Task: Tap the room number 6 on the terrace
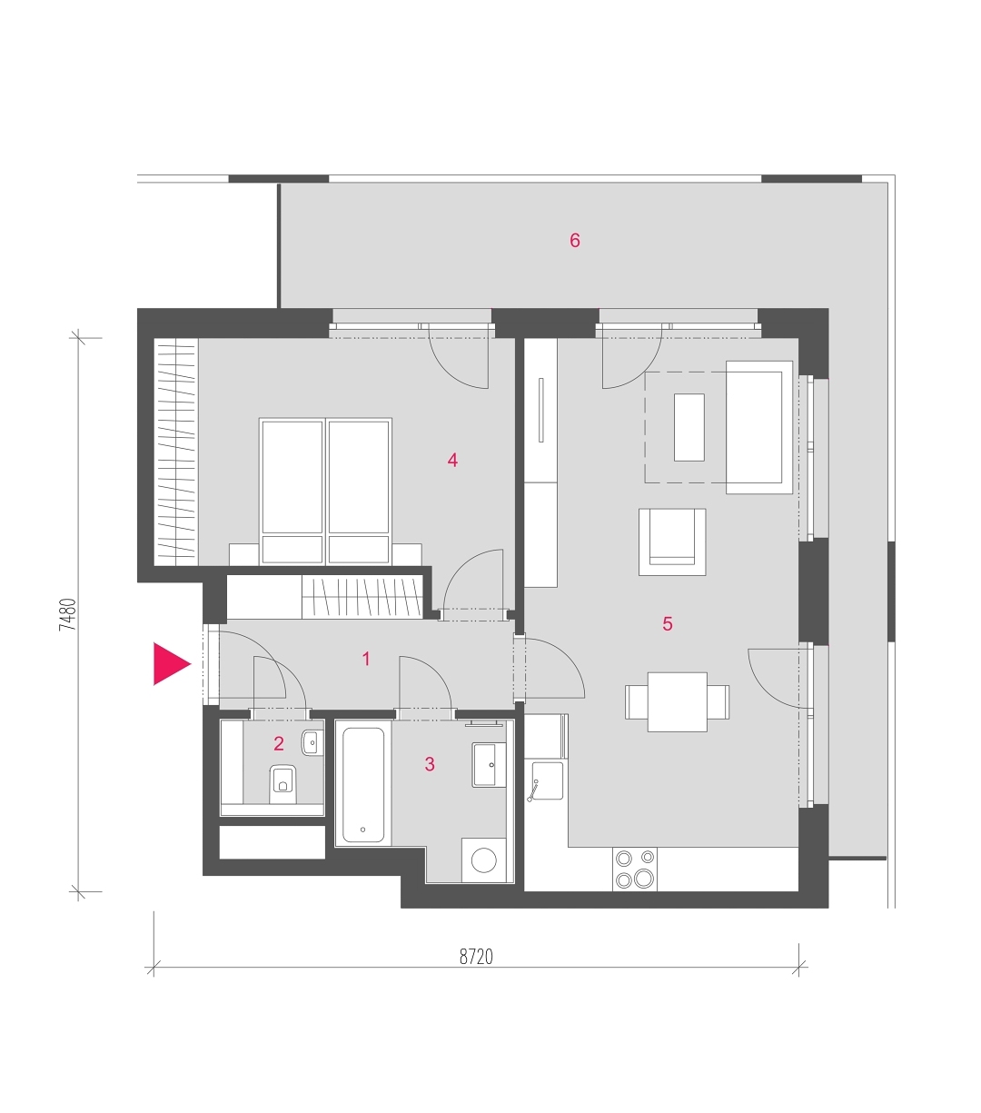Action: (x=575, y=241)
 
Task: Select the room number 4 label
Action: (x=452, y=460)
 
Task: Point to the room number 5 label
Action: (x=668, y=623)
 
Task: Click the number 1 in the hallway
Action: (x=366, y=658)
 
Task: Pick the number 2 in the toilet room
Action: (x=279, y=743)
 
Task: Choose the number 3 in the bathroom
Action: (x=430, y=763)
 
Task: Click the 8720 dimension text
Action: (x=476, y=957)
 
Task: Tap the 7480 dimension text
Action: (x=68, y=614)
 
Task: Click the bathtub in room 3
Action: (x=363, y=783)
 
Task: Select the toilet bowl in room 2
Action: (x=282, y=784)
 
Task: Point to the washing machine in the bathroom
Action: (x=483, y=860)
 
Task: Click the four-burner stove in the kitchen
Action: (x=635, y=869)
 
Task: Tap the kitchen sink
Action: (x=544, y=780)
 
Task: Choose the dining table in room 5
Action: (x=678, y=701)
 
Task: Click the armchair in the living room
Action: (x=672, y=542)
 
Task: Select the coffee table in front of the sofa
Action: (x=689, y=427)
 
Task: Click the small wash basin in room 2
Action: (x=312, y=742)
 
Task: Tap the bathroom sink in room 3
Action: (x=489, y=765)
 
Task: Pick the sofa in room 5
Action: (x=759, y=427)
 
